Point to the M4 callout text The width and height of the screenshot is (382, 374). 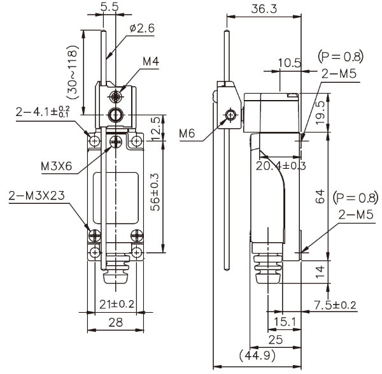click(150, 62)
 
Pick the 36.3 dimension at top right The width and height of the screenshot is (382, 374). click(261, 10)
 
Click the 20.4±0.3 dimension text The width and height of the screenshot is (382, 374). click(280, 166)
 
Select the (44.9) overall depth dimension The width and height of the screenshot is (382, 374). click(257, 354)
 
